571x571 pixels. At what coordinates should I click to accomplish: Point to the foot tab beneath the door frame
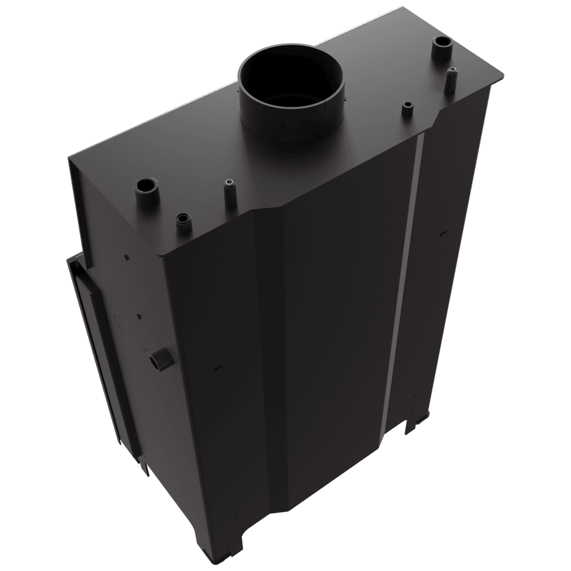[x=146, y=472]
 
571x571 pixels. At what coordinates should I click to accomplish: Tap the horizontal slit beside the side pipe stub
[x=218, y=367]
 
